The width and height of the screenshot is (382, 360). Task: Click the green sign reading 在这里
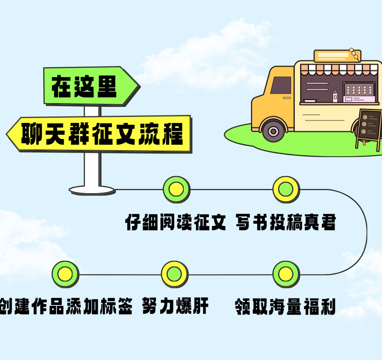point(90,86)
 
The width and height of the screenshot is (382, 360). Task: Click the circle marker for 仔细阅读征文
point(176,189)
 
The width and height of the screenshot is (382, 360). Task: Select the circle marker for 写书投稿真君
point(286,189)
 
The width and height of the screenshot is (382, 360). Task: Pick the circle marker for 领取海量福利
point(286,274)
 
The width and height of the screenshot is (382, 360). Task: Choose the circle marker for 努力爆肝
point(174,274)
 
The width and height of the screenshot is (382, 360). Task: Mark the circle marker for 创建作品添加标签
point(65,274)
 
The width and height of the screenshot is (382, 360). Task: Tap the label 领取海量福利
point(285,307)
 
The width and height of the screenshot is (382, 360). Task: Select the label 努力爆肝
point(175,307)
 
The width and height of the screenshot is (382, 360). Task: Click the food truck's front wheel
point(273,131)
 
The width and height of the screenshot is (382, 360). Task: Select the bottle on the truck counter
point(335,96)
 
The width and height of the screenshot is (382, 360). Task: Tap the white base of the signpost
point(92,189)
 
